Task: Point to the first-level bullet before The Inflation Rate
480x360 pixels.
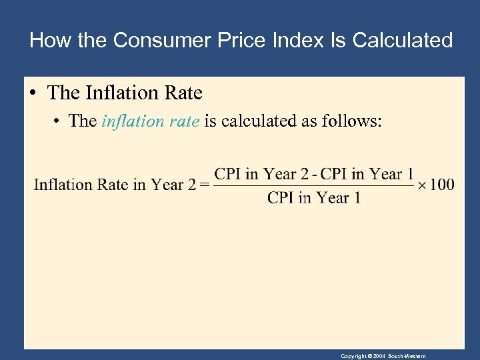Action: point(33,93)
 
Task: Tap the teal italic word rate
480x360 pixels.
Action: point(185,121)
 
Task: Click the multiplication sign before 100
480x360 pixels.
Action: point(421,185)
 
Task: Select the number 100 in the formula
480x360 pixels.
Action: point(441,185)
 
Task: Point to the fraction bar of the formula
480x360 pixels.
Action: point(313,185)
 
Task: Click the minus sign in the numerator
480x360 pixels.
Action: point(315,175)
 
